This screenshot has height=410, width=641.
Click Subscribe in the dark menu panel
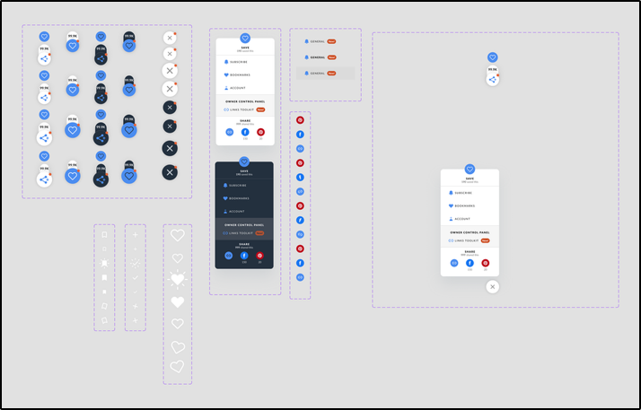click(x=237, y=185)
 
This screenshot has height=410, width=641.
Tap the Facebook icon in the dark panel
click(x=244, y=256)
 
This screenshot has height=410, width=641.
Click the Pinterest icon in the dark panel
click(x=260, y=256)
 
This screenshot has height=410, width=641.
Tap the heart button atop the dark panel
click(x=244, y=161)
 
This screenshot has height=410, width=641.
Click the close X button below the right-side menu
click(x=492, y=286)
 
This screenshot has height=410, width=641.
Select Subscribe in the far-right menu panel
click(x=462, y=193)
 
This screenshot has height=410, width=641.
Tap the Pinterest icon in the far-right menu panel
click(x=486, y=263)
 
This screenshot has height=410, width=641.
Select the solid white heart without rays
click(x=178, y=302)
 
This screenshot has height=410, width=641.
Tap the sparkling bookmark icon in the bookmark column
click(x=104, y=263)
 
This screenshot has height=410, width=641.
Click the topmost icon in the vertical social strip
click(x=300, y=119)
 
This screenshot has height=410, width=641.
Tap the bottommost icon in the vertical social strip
click(x=300, y=277)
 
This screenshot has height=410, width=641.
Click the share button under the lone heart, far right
click(x=492, y=80)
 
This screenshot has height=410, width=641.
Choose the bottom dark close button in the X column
click(x=170, y=171)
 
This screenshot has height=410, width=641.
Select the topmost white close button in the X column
click(x=169, y=38)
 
